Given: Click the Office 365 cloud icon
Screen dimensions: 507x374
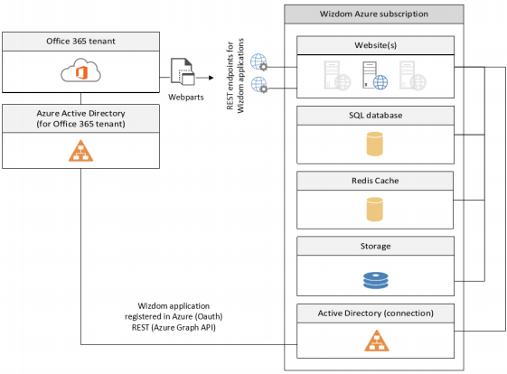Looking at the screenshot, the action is (x=80, y=70).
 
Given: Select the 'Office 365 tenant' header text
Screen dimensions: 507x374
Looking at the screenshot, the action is (x=80, y=41).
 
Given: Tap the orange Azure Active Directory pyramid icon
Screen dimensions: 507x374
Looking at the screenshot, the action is (x=80, y=151).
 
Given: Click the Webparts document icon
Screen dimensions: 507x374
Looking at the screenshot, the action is (x=183, y=71).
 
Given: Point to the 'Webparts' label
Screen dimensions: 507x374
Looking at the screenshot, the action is (x=186, y=97).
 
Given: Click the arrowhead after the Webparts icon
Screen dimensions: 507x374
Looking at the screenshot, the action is (x=211, y=78).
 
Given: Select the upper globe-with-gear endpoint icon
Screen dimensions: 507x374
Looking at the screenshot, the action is (x=259, y=62).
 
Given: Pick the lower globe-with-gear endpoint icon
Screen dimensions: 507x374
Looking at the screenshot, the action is (x=259, y=85).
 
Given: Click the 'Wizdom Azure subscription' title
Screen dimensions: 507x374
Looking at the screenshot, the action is (x=374, y=14).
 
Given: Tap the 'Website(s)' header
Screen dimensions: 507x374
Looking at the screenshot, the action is (x=375, y=45).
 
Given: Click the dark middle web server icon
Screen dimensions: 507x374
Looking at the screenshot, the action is (x=375, y=76).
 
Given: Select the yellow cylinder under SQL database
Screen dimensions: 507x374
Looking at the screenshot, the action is (x=375, y=144).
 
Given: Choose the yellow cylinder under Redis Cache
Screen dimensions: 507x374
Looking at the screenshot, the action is (x=375, y=210).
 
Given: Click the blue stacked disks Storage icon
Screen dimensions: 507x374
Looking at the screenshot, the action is (x=375, y=280).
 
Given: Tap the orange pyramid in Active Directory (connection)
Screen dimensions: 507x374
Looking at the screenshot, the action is (x=377, y=341).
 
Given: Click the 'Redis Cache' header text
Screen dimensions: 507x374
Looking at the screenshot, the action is (x=375, y=181).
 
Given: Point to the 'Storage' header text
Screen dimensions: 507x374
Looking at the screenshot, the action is (x=375, y=246).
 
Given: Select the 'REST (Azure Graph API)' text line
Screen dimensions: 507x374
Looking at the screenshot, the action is (x=174, y=327).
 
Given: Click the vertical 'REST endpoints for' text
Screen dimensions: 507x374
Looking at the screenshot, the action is (x=230, y=76).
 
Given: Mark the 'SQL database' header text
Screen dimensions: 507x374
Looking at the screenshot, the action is (x=375, y=115).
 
